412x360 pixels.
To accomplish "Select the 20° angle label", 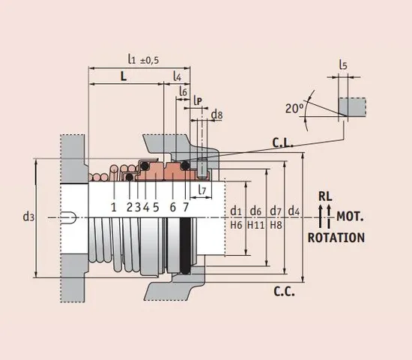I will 294,108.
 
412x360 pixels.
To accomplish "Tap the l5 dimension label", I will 343,65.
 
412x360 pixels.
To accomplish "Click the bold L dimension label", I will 124,76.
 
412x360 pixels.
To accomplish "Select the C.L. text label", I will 282,142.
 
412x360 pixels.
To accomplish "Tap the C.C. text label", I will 282,291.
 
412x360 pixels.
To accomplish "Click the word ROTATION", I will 336,238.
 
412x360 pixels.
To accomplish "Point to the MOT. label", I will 350,217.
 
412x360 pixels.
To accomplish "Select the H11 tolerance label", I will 256,224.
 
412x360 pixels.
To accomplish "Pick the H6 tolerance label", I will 236,224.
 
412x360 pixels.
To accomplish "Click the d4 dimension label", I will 295,211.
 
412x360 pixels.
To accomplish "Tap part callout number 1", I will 113,206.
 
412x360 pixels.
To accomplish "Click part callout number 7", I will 186,206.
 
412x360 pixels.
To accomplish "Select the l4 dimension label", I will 178,76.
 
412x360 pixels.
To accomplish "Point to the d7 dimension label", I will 275,211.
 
